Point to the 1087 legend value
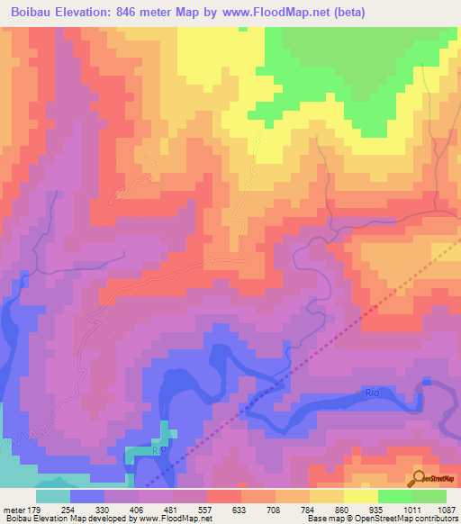point(446,510)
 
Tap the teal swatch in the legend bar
point(53,496)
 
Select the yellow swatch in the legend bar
point(361,496)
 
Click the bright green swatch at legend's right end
point(429,496)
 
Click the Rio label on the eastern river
point(373,393)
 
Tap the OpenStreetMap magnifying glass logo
point(419,479)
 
